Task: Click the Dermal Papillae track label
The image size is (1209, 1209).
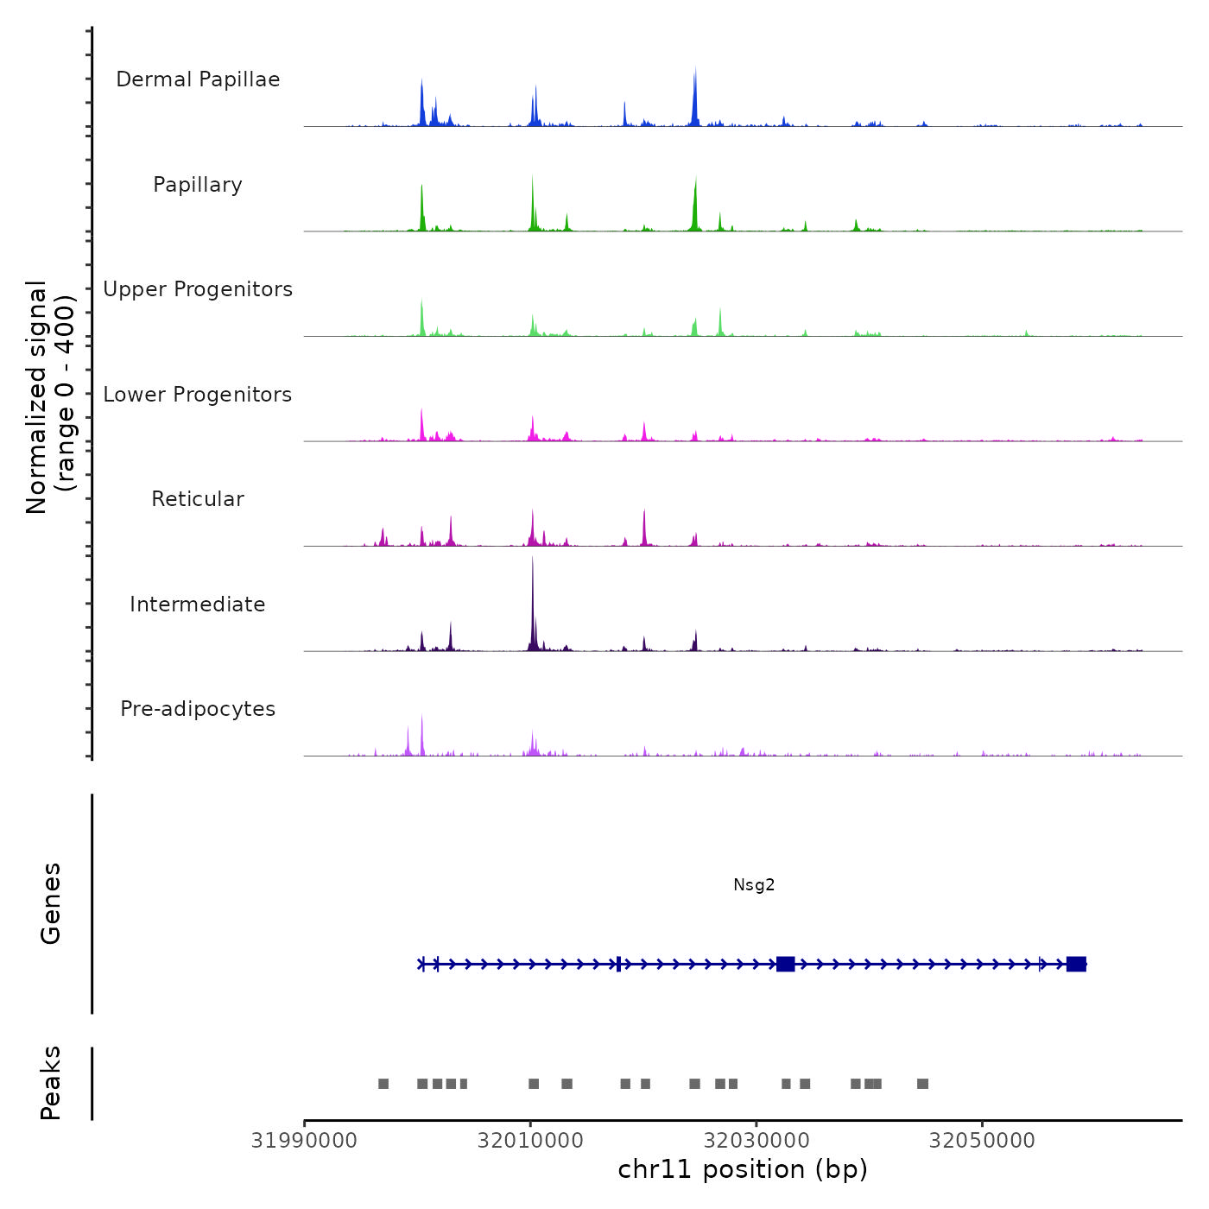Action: [198, 79]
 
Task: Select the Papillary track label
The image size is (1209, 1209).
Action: [198, 185]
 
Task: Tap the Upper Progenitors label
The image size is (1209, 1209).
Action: [198, 289]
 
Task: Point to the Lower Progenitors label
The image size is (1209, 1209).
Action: [198, 395]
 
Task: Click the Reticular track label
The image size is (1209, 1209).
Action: [198, 499]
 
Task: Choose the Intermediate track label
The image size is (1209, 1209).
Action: [198, 604]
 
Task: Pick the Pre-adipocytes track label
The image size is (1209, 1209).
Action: [198, 709]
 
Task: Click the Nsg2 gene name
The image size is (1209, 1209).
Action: [754, 884]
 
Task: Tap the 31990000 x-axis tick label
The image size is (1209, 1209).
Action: [304, 1141]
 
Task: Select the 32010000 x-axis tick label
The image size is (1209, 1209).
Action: [530, 1141]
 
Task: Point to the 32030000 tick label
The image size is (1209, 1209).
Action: [756, 1141]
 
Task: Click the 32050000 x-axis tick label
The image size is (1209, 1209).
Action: [982, 1141]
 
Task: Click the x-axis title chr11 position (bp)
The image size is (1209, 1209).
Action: [743, 1169]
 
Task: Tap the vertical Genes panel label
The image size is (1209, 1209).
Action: [51, 903]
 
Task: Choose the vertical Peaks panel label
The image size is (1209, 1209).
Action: [51, 1083]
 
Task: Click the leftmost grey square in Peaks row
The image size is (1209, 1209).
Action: [383, 1084]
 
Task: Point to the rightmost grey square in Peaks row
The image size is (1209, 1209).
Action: [922, 1084]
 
